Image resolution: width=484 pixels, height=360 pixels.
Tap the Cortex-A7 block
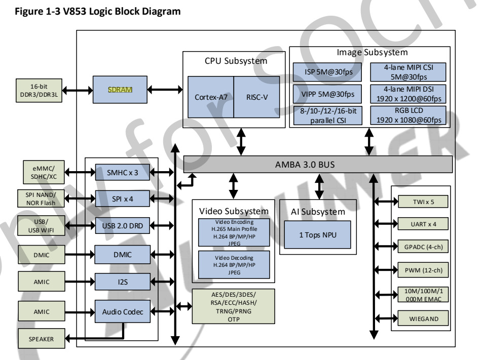pos(211,97)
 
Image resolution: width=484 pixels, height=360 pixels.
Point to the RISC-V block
pos(256,97)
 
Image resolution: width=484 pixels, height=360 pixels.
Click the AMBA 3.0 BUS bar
pos(318,164)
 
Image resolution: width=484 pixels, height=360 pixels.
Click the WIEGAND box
pos(423,319)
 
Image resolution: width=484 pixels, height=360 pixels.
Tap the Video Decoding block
pos(234,264)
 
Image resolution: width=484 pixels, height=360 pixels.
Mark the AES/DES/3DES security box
pos(234,306)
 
